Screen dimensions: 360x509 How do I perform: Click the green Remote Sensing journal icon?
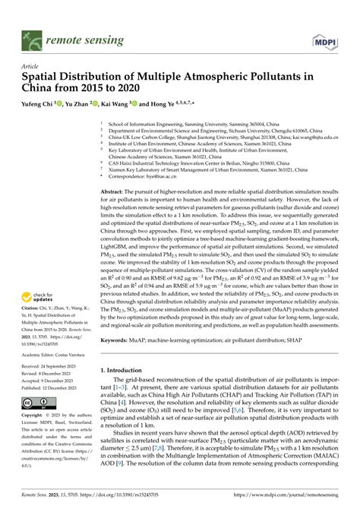pos(32,36)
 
